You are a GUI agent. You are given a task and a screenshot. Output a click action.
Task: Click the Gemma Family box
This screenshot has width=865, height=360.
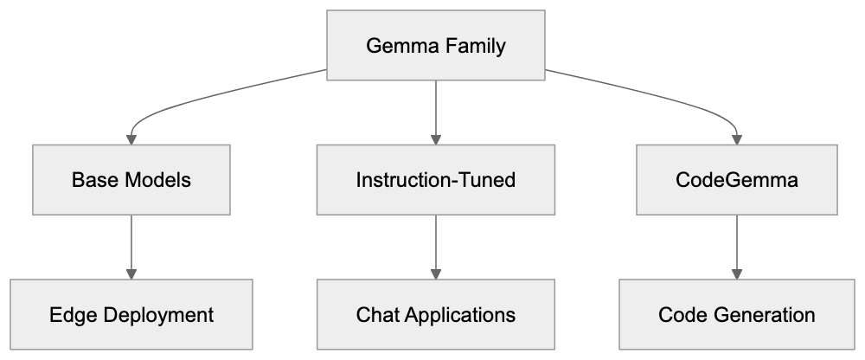tap(435, 46)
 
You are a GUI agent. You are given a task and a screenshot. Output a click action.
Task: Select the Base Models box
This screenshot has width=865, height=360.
tap(131, 180)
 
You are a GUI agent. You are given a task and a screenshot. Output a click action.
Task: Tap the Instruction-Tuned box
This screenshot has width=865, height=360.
tap(435, 180)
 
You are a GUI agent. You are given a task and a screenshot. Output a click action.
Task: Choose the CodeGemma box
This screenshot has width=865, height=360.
tap(737, 180)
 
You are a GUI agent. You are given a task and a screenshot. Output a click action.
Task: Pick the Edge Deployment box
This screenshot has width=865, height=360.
tap(131, 314)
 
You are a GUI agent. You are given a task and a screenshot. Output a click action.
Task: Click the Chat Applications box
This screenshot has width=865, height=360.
tap(435, 314)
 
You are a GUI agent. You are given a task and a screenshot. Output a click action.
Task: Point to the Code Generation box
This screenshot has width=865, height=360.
tap(737, 314)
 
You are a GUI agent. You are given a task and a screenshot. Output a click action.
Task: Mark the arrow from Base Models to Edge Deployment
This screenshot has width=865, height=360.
tap(131, 247)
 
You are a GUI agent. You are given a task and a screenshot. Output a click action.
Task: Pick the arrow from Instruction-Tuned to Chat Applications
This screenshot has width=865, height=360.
tap(435, 247)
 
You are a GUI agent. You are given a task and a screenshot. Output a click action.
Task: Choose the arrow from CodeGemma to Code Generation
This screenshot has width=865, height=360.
tap(737, 247)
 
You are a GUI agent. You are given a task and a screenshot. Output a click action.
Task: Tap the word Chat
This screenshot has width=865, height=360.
tap(375, 314)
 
